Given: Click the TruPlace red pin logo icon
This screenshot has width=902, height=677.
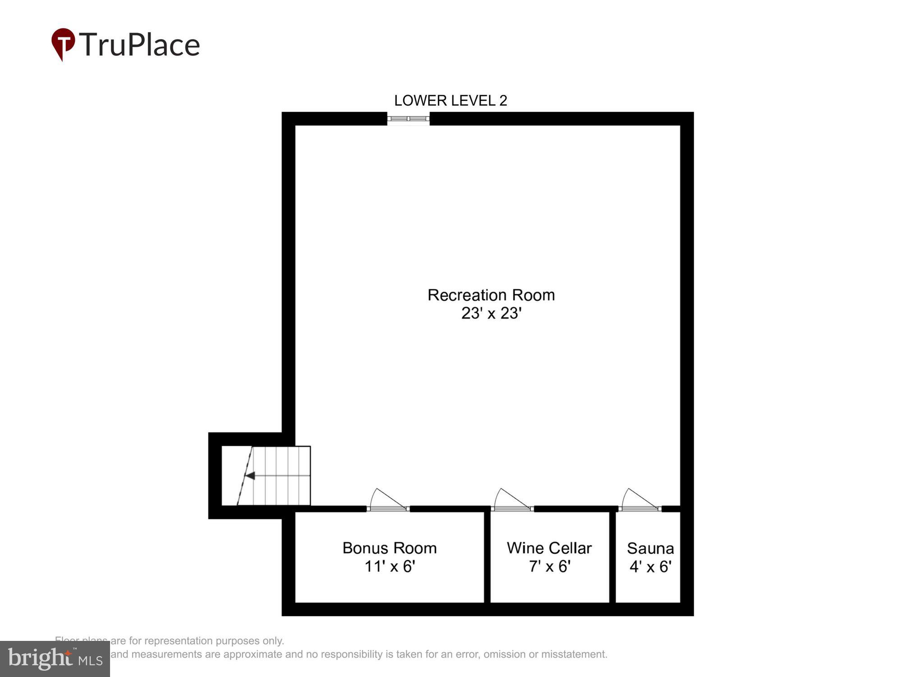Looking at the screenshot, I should (x=63, y=43).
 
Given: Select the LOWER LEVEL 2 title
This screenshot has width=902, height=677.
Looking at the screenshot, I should (x=451, y=100).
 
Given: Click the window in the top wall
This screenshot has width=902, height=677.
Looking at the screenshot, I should (x=408, y=119).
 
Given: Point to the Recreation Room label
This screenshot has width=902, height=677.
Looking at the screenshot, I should (x=491, y=295).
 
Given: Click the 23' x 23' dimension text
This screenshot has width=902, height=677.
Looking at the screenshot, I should (x=491, y=313).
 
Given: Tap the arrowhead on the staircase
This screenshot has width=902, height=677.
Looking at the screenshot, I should (x=250, y=476).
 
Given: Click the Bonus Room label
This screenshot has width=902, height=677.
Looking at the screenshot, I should (x=390, y=548).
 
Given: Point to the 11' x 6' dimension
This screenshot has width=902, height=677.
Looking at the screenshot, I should (x=390, y=566).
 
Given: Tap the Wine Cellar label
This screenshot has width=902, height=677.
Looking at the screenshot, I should (x=549, y=548).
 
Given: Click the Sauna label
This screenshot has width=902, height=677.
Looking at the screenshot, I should (x=650, y=548).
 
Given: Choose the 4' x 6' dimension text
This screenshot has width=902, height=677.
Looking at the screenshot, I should (x=650, y=567).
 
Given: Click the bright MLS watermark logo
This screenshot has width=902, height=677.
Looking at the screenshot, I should (x=55, y=659).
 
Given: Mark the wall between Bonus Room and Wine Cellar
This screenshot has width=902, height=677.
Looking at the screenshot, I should (x=487, y=557).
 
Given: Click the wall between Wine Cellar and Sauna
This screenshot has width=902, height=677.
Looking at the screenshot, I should (x=612, y=557).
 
